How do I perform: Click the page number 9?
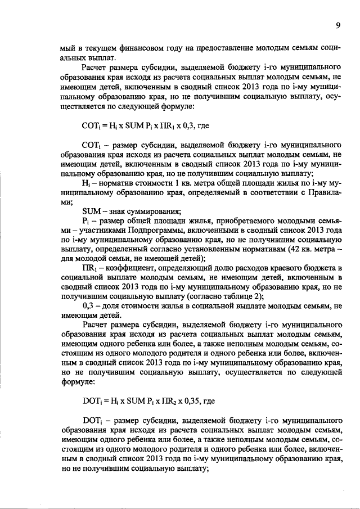[x=338, y=25]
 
